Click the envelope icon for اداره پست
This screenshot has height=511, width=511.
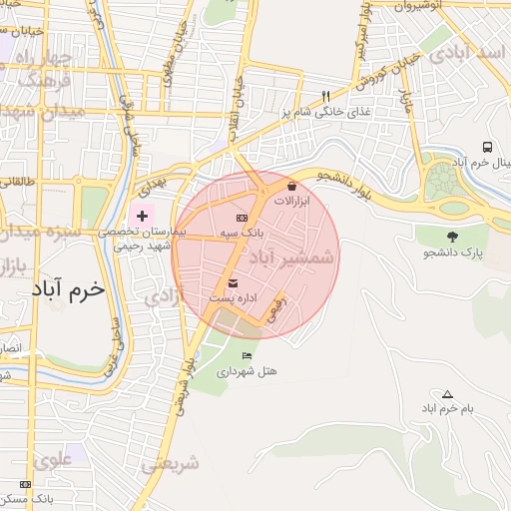233,282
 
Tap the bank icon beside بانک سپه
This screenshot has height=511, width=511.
241,218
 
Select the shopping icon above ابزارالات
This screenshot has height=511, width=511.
291,187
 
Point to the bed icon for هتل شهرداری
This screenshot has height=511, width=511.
247,355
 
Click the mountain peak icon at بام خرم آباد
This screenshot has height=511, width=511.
446,394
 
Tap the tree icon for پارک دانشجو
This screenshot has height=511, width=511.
452,237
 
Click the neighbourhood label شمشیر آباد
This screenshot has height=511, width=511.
292,256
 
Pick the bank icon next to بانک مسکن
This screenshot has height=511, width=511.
25,484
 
